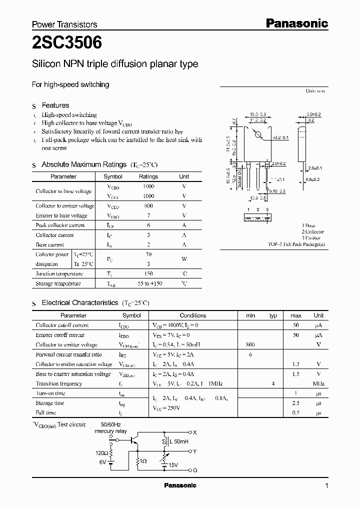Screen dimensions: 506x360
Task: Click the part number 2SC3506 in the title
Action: coord(67,43)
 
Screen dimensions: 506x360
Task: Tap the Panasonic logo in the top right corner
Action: coord(296,23)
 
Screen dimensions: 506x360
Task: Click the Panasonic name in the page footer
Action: coord(180,485)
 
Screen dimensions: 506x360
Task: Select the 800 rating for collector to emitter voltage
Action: coord(148,206)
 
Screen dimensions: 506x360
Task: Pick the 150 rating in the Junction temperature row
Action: coord(148,274)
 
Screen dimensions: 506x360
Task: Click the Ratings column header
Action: coord(148,176)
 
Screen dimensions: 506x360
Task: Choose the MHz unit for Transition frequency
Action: coord(318,384)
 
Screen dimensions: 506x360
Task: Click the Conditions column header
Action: coord(193,315)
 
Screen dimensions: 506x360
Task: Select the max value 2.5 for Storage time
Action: coord(296,403)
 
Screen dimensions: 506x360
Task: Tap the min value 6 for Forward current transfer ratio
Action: coord(251,354)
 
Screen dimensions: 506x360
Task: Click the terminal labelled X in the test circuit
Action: coord(195,432)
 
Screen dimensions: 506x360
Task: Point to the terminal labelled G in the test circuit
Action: coord(195,469)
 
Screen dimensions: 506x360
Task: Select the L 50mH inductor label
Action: coord(177,442)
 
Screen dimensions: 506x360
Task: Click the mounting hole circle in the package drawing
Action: coord(258,134)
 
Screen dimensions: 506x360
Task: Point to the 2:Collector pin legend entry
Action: coord(313,232)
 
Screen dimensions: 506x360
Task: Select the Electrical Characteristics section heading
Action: coord(80,303)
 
